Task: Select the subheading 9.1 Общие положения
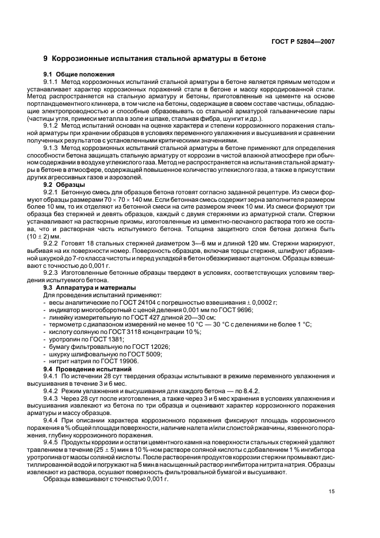pyautogui.click(x=80, y=74)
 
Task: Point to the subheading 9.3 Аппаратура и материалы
pyautogui.click(x=90, y=287)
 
